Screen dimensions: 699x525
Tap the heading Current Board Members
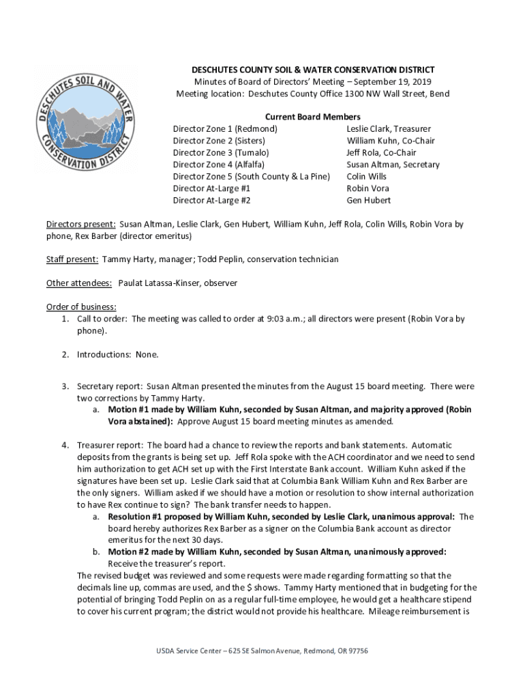(x=313, y=117)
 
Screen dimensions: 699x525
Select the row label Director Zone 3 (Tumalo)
(x=221, y=153)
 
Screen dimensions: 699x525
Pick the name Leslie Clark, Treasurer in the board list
(x=389, y=129)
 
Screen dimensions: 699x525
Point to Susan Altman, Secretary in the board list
(x=393, y=165)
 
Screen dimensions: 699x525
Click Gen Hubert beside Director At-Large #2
(x=369, y=201)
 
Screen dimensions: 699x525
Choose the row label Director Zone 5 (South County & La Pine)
(x=251, y=177)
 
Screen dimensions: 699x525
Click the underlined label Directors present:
(x=80, y=224)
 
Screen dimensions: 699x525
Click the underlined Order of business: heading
(x=81, y=306)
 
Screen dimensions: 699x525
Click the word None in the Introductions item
(x=146, y=354)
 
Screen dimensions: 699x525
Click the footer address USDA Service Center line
(x=262, y=651)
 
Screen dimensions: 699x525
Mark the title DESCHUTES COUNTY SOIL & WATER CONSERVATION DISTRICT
(x=313, y=70)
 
